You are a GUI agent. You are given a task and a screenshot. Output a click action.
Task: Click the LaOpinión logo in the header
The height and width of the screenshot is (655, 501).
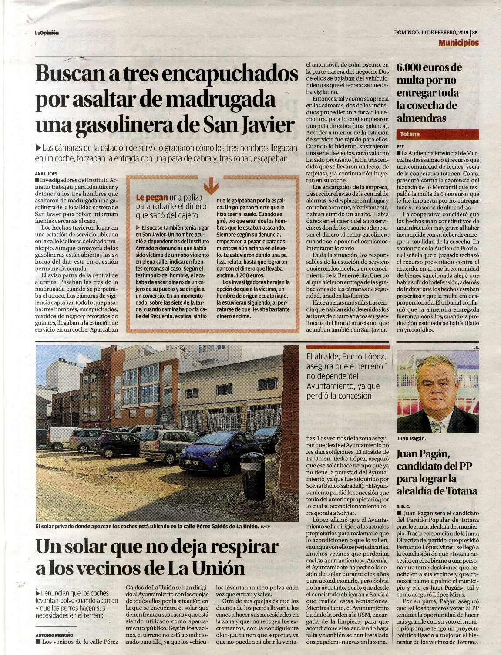[47, 33]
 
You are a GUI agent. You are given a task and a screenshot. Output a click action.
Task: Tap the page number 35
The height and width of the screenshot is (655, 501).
[475, 32]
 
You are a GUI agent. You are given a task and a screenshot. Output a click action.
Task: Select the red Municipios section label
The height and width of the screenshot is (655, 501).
[458, 43]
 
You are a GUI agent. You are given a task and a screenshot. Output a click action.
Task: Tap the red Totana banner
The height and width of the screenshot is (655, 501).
[437, 134]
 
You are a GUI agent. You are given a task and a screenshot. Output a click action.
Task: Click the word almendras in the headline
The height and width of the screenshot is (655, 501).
[421, 118]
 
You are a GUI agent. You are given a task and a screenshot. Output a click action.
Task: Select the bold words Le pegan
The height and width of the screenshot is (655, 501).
[151, 198]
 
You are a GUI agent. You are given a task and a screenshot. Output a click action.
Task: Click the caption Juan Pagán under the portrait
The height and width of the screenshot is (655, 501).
[410, 438]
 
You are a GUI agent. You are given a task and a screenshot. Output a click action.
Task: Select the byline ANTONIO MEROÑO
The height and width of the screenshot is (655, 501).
[54, 634]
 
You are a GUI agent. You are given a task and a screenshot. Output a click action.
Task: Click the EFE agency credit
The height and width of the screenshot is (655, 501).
[400, 147]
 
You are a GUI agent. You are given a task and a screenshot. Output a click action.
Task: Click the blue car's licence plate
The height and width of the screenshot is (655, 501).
[191, 462]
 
